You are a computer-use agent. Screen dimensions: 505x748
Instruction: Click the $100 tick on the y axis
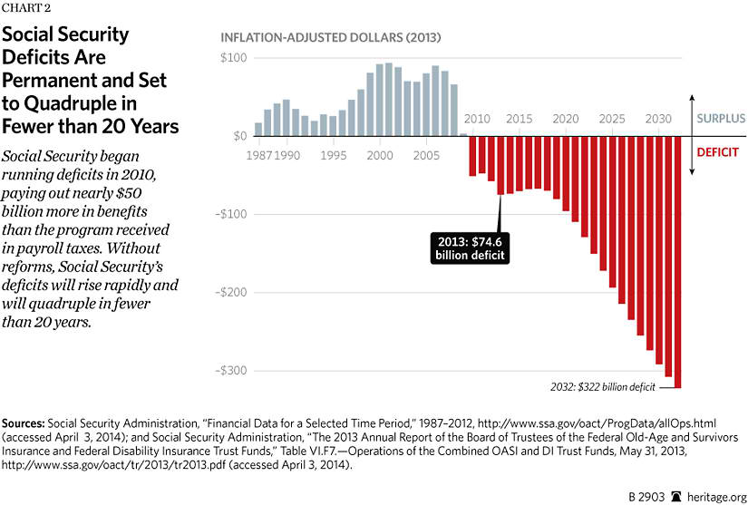234,58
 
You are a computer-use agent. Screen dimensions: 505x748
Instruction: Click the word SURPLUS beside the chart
721,119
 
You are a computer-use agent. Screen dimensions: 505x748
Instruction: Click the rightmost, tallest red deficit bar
678,263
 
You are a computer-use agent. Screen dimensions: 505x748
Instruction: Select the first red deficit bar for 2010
472,156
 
